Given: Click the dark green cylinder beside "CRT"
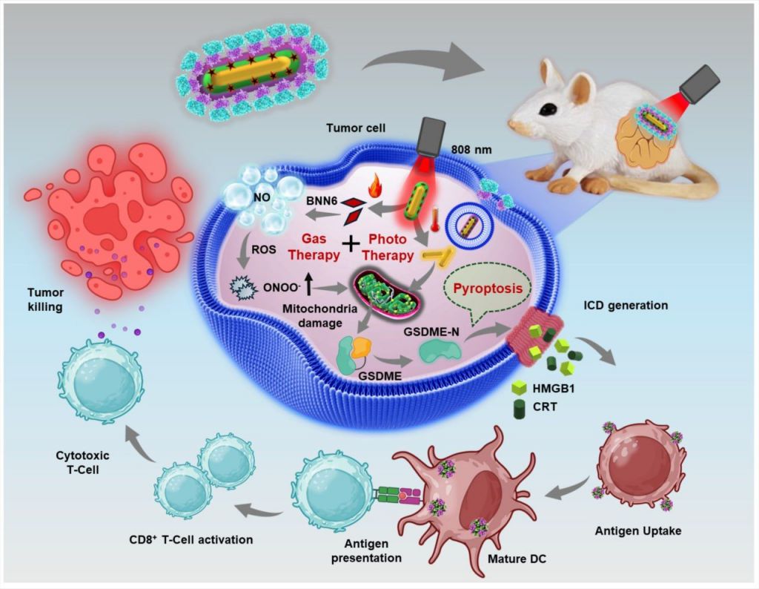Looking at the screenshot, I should pos(521,409).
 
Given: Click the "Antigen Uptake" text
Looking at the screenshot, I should pos(637,531).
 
